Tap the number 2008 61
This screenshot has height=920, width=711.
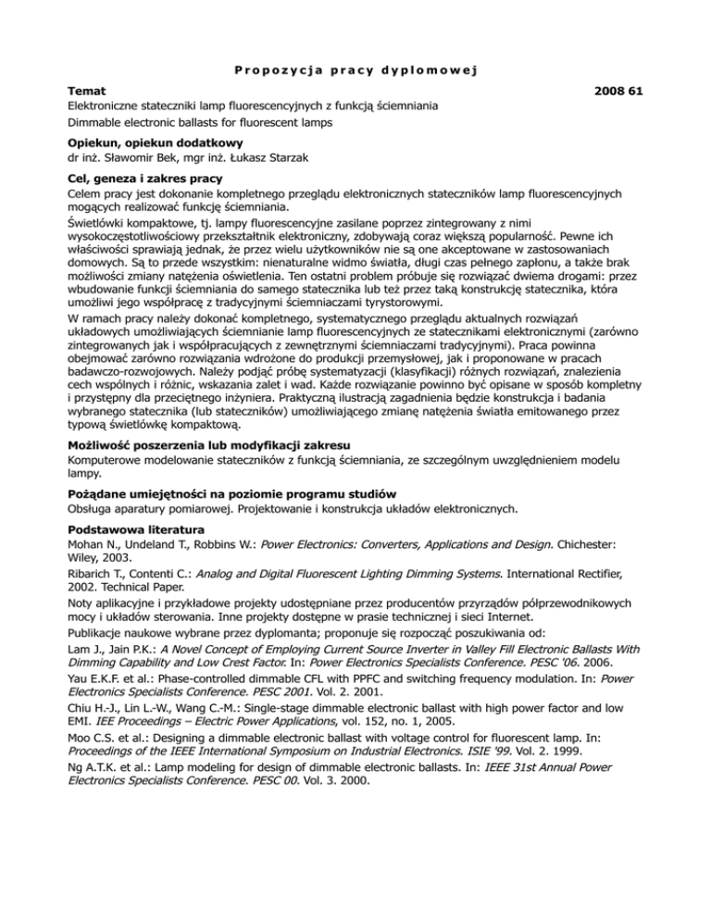coord(615,93)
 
